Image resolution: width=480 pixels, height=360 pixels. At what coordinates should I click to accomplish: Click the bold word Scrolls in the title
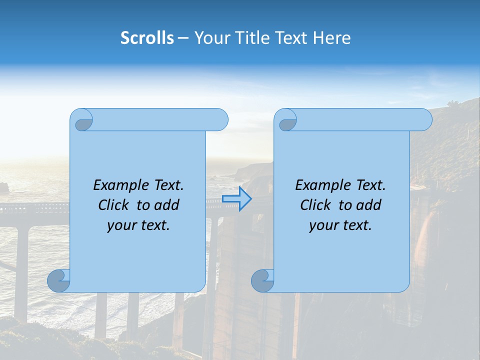tap(147, 38)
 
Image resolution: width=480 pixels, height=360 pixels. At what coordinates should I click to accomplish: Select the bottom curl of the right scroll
tap(263, 280)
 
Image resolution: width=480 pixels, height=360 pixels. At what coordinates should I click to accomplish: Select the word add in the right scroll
tap(369, 205)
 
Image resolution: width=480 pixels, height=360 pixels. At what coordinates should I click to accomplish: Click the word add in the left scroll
tap(167, 205)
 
